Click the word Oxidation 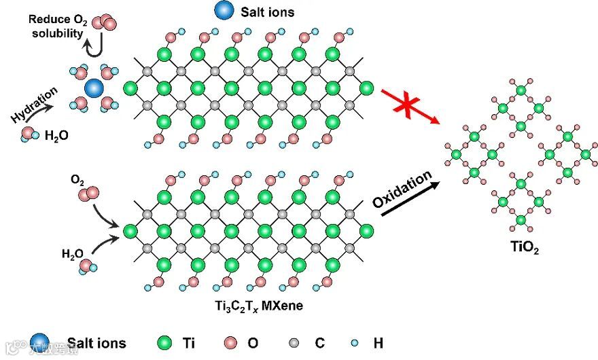click(x=402, y=190)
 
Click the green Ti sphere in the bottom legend click(x=163, y=343)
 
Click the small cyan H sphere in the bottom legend click(x=356, y=343)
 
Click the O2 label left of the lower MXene click(x=77, y=181)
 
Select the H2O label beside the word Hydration click(x=55, y=137)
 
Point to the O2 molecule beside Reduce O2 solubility click(x=102, y=22)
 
